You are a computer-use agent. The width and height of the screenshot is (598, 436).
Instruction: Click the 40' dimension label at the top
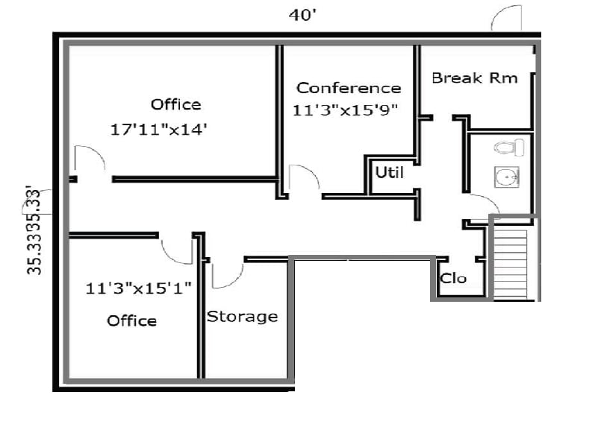click(x=305, y=14)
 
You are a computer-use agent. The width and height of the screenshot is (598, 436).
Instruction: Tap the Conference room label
click(x=349, y=88)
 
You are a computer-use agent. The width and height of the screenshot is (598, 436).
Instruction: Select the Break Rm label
click(x=474, y=78)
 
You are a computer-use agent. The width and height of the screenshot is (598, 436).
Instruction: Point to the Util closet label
click(x=389, y=172)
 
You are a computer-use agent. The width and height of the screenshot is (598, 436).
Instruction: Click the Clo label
click(x=453, y=278)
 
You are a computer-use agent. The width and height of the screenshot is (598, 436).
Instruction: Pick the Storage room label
click(x=242, y=317)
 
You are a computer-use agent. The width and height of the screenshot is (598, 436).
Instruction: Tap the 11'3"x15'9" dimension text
click(x=346, y=110)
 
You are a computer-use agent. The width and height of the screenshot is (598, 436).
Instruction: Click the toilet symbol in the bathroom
click(x=509, y=147)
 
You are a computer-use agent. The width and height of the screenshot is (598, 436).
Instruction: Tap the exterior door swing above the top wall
click(x=506, y=19)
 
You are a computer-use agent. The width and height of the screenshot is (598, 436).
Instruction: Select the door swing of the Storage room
click(x=226, y=274)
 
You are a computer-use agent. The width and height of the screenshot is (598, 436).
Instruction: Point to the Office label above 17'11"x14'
click(x=175, y=104)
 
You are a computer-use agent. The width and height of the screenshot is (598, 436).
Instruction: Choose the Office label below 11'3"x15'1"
click(x=131, y=320)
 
